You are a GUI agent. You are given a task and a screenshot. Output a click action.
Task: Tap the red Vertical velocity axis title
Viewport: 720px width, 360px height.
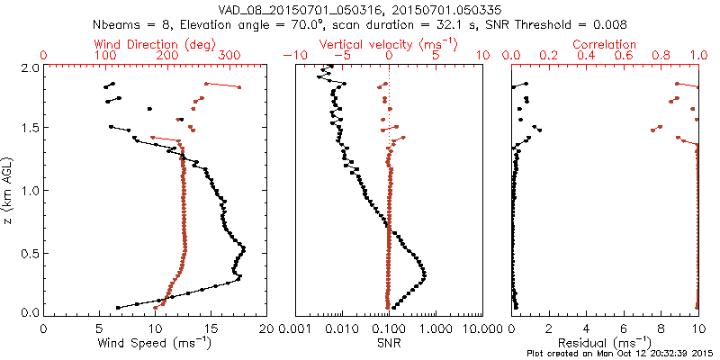pyautogui.click(x=389, y=43)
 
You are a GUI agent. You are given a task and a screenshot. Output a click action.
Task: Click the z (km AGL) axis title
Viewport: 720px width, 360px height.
pyautogui.click(x=10, y=190)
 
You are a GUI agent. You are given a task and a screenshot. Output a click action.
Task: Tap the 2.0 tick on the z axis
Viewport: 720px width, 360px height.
pyautogui.click(x=29, y=67)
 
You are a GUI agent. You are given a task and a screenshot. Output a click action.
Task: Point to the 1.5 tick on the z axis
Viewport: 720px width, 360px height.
pyautogui.click(x=29, y=129)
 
